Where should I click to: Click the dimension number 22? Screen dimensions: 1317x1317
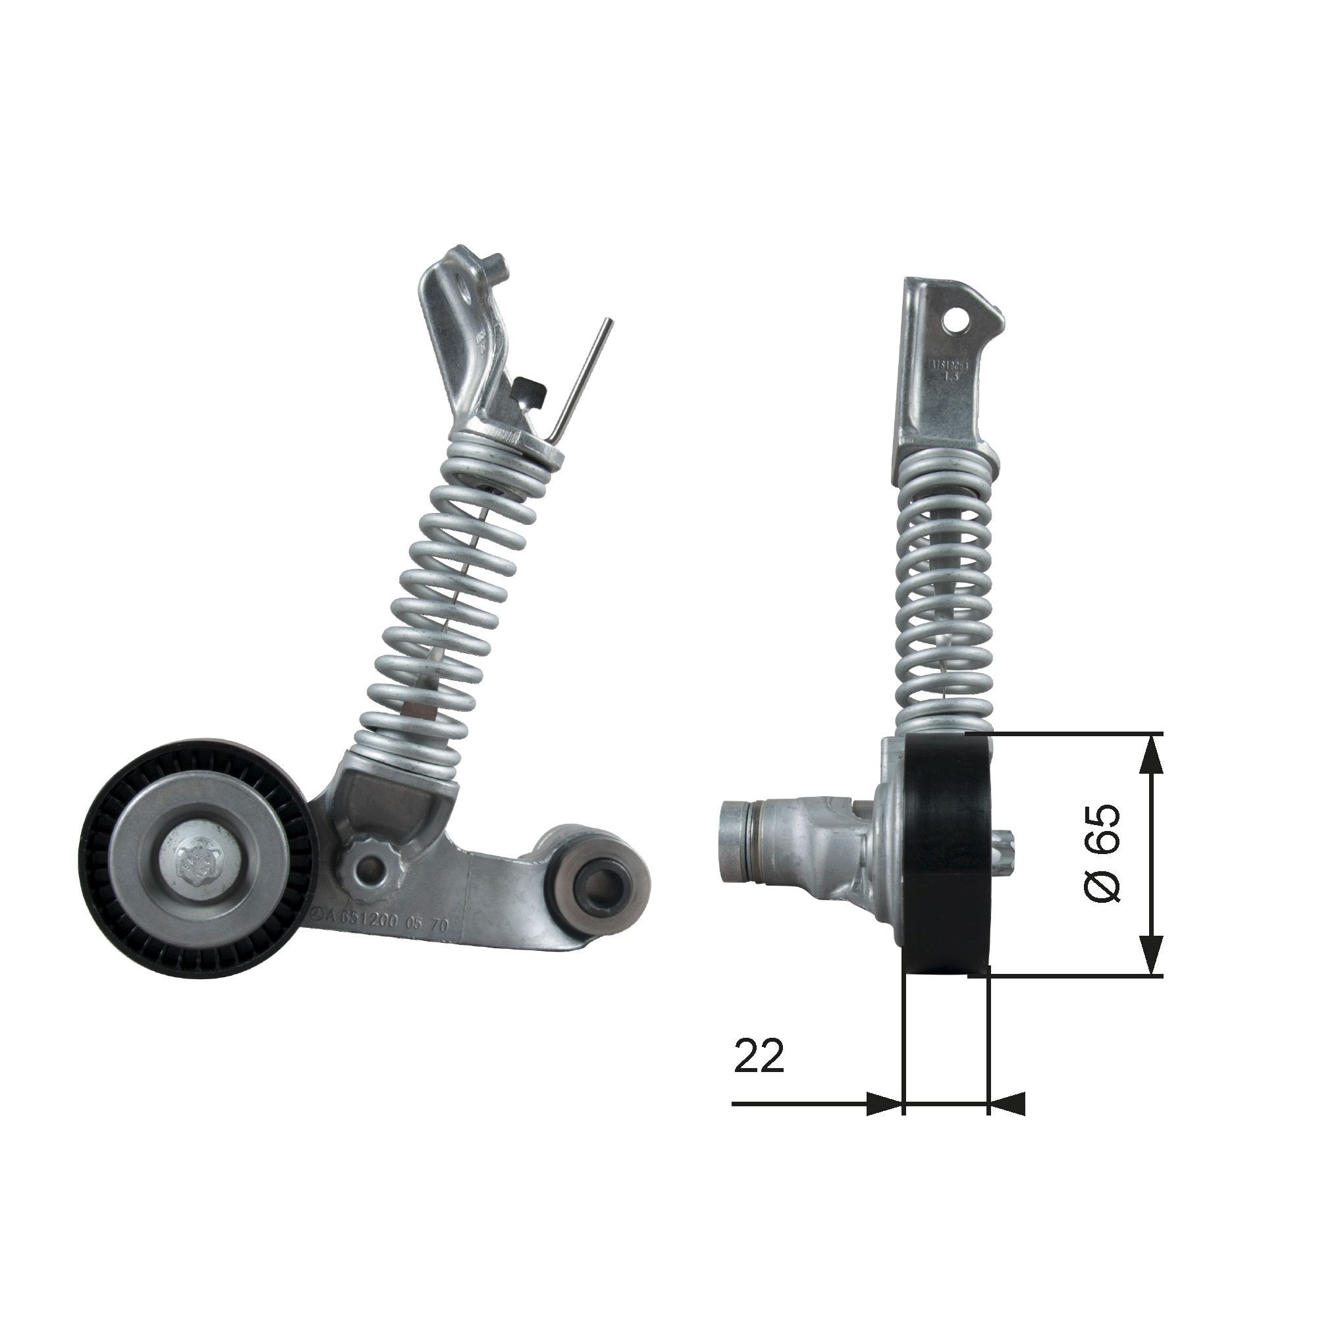pyautogui.click(x=759, y=1058)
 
